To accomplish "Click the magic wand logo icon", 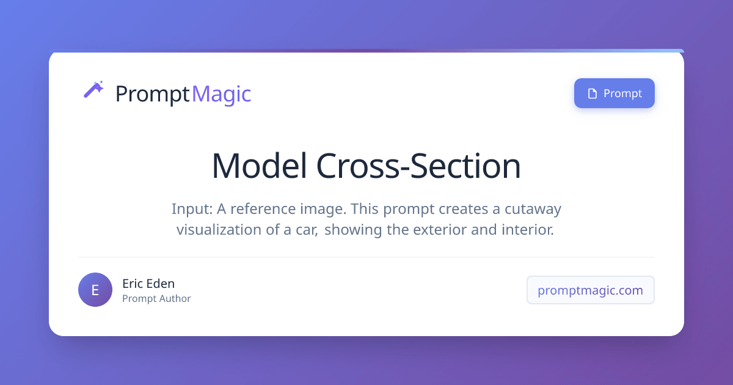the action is click(93, 89).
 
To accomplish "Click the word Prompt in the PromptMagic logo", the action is click(153, 95).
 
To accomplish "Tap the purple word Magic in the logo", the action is click(222, 95).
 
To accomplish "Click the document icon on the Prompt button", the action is click(593, 94).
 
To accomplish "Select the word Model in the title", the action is click(260, 166).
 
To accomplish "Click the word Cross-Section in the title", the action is click(418, 166).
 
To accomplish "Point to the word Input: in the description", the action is click(192, 209).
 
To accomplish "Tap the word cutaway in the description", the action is click(533, 210).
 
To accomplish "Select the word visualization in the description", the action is click(219, 230).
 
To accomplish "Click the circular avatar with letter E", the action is click(95, 290).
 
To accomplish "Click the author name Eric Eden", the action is click(148, 284).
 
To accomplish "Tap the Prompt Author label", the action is click(156, 299).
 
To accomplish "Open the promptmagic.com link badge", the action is click(590, 290).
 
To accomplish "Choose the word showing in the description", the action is click(353, 230).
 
